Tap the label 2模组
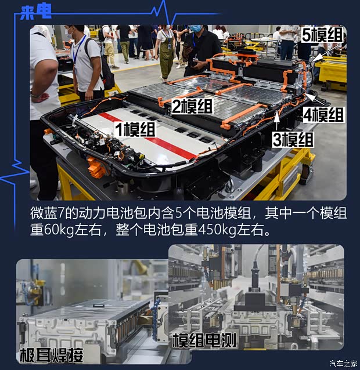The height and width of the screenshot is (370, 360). point(192,106)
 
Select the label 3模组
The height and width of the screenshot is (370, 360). point(293,140)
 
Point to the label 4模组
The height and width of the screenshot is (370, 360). point(323,115)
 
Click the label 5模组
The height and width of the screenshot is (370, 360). point(322,34)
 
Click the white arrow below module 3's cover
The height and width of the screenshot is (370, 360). point(277,120)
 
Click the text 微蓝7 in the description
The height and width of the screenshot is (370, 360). point(51,214)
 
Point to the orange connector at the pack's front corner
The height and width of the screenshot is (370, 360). point(95,169)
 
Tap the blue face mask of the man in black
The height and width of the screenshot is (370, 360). point(196,28)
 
